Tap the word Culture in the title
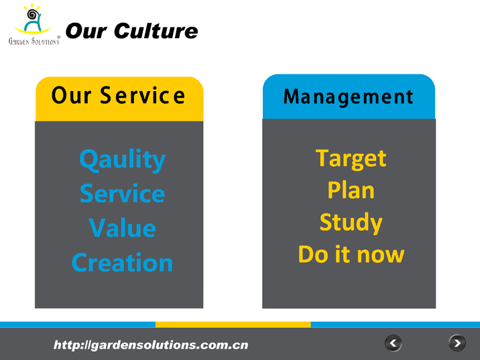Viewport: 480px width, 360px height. pyautogui.click(x=156, y=31)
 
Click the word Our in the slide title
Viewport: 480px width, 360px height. pyautogui.click(x=86, y=32)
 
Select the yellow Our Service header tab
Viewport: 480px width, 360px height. pyautogui.click(x=119, y=99)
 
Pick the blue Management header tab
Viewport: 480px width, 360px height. pyautogui.click(x=349, y=97)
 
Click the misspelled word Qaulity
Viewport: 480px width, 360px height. pyautogui.click(x=123, y=160)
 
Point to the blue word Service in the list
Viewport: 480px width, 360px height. pyautogui.click(x=123, y=194)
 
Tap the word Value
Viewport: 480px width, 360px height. pyautogui.click(x=123, y=228)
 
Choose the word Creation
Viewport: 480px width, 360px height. pyautogui.click(x=123, y=262)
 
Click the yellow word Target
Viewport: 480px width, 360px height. pyautogui.click(x=351, y=159)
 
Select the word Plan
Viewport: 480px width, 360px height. pyautogui.click(x=351, y=190)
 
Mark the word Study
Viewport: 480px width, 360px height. pyautogui.click(x=351, y=223)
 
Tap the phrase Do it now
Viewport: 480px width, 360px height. pyautogui.click(x=351, y=254)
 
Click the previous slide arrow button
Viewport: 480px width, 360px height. pyautogui.click(x=394, y=343)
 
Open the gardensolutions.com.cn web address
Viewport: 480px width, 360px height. pyautogui.click(x=151, y=345)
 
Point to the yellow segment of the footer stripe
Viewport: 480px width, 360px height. pyautogui.click(x=233, y=324)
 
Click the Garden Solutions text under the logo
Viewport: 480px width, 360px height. pyautogui.click(x=34, y=41)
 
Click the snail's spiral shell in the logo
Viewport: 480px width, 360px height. pyautogui.click(x=33, y=14)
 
